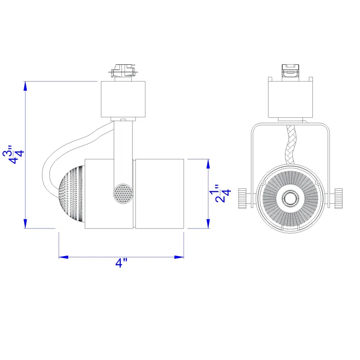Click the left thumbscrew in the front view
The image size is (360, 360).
(x=243, y=197)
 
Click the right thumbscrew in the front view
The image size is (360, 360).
(x=338, y=197)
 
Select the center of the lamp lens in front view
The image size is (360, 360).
(x=290, y=197)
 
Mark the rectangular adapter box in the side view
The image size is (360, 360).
(x=123, y=99)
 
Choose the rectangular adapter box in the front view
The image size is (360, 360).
(x=290, y=99)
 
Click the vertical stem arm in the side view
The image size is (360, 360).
(x=123, y=148)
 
